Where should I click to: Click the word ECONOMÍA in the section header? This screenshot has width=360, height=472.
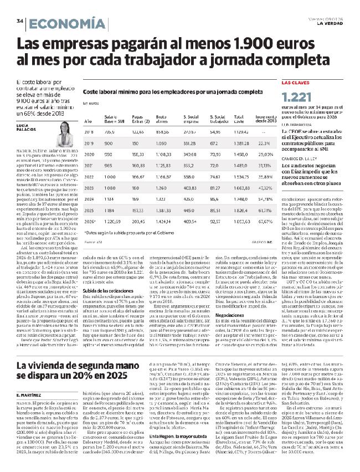pos(66,23)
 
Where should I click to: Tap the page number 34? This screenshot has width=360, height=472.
pos(20,21)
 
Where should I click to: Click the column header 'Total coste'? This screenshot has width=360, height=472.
pos(239,119)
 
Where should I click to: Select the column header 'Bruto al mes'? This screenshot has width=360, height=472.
pos(162,119)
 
